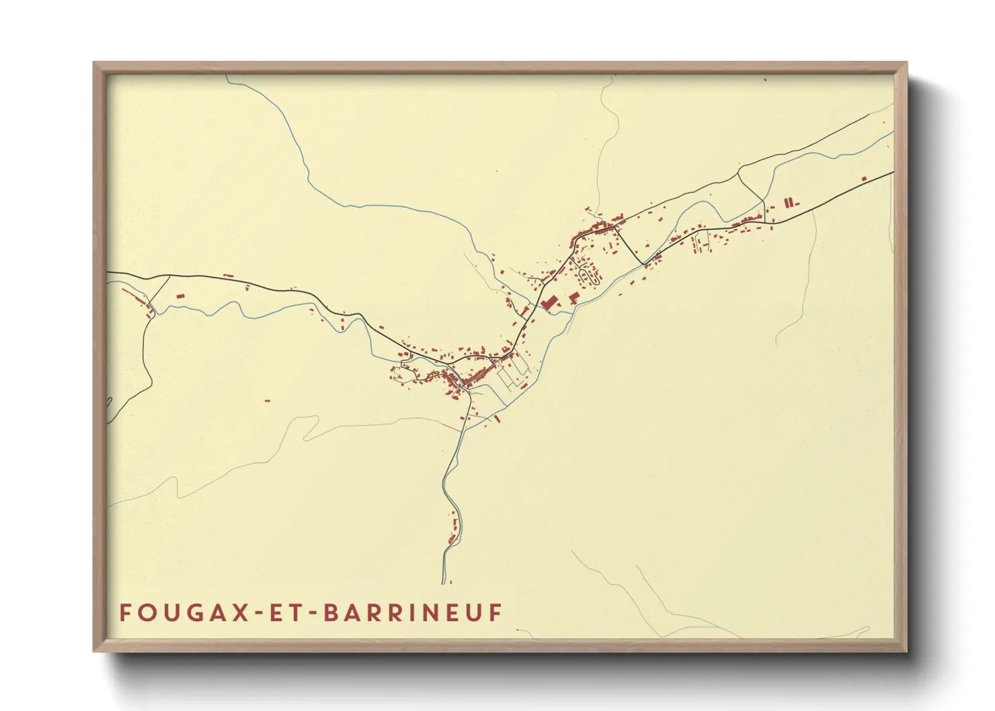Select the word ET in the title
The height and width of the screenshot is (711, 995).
[x=285, y=613]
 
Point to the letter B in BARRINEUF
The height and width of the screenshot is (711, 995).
[x=331, y=613]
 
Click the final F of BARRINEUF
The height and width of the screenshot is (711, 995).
[x=495, y=613]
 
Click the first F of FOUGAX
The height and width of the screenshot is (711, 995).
[x=126, y=613]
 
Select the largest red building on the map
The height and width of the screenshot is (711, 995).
[x=549, y=302]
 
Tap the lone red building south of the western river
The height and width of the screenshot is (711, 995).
[x=267, y=401]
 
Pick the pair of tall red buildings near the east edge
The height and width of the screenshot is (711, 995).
[x=789, y=201]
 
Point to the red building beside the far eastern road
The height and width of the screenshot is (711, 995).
[x=865, y=178]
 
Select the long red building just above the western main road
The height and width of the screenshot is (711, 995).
[x=228, y=276]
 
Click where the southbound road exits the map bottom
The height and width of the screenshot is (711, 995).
[x=444, y=582]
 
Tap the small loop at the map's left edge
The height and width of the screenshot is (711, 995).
[x=109, y=402]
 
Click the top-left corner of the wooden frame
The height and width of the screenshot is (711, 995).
[x=94, y=63]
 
